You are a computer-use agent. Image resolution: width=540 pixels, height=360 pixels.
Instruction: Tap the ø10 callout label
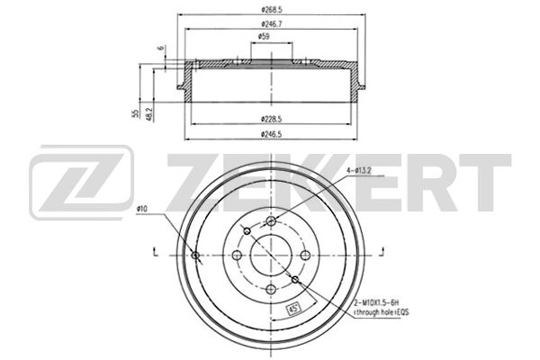(x=143, y=211)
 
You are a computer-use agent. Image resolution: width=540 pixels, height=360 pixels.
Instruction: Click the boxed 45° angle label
(x=292, y=309)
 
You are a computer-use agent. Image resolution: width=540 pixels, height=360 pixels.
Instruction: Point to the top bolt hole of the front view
(x=271, y=221)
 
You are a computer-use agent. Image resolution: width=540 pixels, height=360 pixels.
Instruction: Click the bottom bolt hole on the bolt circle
(x=271, y=288)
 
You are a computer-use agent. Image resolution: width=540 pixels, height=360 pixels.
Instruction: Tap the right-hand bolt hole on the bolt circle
(x=304, y=255)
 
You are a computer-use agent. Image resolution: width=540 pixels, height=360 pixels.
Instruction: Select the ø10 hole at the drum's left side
(x=196, y=255)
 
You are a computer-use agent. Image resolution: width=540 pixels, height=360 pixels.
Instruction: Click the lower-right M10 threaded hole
(x=294, y=278)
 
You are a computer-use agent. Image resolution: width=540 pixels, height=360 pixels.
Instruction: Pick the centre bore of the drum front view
(x=271, y=255)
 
